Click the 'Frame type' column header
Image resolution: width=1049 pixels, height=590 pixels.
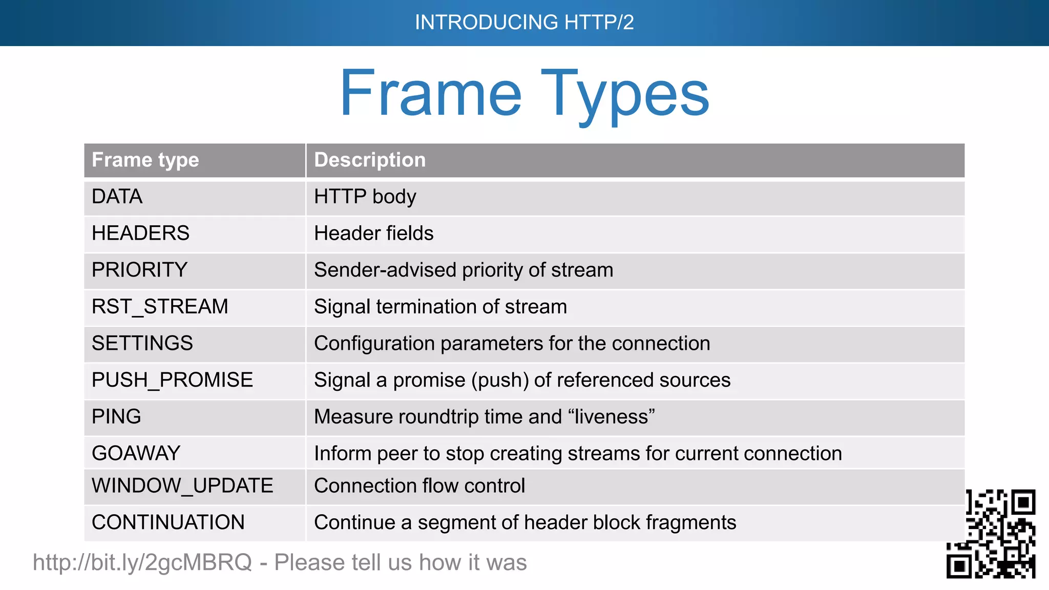click(145, 160)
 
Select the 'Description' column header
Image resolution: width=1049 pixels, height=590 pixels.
click(369, 160)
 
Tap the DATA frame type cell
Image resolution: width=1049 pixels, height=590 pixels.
click(117, 197)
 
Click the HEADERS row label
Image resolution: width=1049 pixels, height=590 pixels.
click(140, 234)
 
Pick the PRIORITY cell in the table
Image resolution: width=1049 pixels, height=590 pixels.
click(139, 270)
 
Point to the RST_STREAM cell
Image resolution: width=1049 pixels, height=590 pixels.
click(160, 307)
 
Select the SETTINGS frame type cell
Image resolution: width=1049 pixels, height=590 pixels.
click(142, 344)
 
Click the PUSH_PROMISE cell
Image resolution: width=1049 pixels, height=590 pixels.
click(172, 380)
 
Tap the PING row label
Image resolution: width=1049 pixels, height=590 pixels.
click(116, 417)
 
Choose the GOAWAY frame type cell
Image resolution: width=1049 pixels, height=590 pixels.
click(136, 454)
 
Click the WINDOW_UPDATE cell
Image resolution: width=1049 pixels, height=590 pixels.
click(182, 486)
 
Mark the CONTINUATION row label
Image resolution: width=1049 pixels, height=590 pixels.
click(168, 523)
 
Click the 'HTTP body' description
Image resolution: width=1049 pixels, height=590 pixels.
click(365, 197)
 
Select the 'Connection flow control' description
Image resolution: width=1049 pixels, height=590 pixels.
click(419, 486)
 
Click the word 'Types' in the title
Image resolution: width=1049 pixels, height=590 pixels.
click(625, 95)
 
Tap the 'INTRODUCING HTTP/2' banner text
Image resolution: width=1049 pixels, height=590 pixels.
click(524, 23)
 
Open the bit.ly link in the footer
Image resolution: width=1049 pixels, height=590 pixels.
click(142, 563)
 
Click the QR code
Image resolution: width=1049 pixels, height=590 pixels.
click(991, 534)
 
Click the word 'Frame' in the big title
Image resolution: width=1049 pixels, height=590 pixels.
click(430, 95)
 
